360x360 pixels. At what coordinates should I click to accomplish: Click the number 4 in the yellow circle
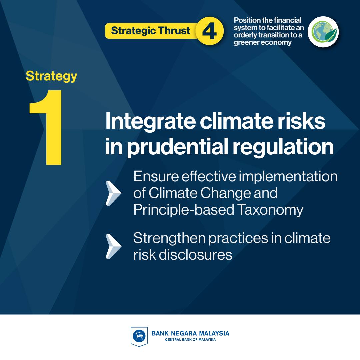(x=209, y=31)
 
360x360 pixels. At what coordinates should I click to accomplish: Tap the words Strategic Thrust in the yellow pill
(x=150, y=31)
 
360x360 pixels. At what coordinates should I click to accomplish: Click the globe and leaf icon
(x=323, y=32)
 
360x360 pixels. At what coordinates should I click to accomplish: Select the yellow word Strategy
(x=51, y=76)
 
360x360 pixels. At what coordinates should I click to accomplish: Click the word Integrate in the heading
(x=150, y=122)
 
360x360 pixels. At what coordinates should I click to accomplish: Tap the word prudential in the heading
(x=178, y=147)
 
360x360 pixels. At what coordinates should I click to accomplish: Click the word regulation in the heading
(x=283, y=147)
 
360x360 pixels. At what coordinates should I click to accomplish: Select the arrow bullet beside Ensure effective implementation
(x=113, y=193)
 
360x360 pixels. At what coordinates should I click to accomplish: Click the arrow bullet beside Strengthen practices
(x=113, y=246)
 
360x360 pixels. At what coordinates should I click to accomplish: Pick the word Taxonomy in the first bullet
(x=270, y=210)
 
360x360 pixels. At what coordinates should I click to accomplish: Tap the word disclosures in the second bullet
(x=195, y=255)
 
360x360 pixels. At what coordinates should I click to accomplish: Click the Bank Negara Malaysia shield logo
(x=139, y=336)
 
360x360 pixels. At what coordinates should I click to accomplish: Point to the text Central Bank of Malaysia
(x=190, y=339)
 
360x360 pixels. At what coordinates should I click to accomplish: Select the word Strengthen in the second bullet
(x=169, y=238)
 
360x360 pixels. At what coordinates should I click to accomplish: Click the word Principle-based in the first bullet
(x=184, y=210)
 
